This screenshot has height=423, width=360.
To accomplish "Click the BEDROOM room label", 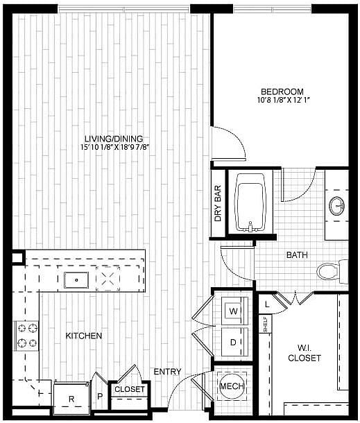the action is [x=282, y=92].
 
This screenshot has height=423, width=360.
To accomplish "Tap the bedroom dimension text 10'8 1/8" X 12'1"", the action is [x=283, y=101].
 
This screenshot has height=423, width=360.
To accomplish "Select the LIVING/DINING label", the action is [x=114, y=139].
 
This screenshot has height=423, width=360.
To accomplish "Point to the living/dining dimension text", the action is [x=114, y=147].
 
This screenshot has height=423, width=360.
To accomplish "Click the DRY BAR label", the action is [x=218, y=203].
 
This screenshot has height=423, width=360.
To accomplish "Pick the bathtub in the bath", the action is [x=250, y=202].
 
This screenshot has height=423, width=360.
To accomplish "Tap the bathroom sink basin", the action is [x=337, y=206].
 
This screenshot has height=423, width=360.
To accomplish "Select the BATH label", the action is [x=297, y=255].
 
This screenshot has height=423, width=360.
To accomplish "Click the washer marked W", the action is [x=234, y=311].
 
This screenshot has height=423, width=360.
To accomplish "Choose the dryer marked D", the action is [x=234, y=342].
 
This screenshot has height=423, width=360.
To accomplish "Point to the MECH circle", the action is [x=232, y=386].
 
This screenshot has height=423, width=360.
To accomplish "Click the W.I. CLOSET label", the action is [x=305, y=353].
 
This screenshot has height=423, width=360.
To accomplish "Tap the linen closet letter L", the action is [x=267, y=304].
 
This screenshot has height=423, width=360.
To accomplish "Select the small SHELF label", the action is [x=265, y=324].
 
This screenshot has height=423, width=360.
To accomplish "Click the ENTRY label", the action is [x=167, y=372].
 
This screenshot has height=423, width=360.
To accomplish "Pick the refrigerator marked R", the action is [x=71, y=398].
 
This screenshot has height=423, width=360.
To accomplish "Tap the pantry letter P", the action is [x=100, y=396].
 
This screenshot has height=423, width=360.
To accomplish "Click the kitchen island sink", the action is [x=76, y=280].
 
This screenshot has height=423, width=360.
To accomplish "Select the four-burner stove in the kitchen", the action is [x=27, y=336].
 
